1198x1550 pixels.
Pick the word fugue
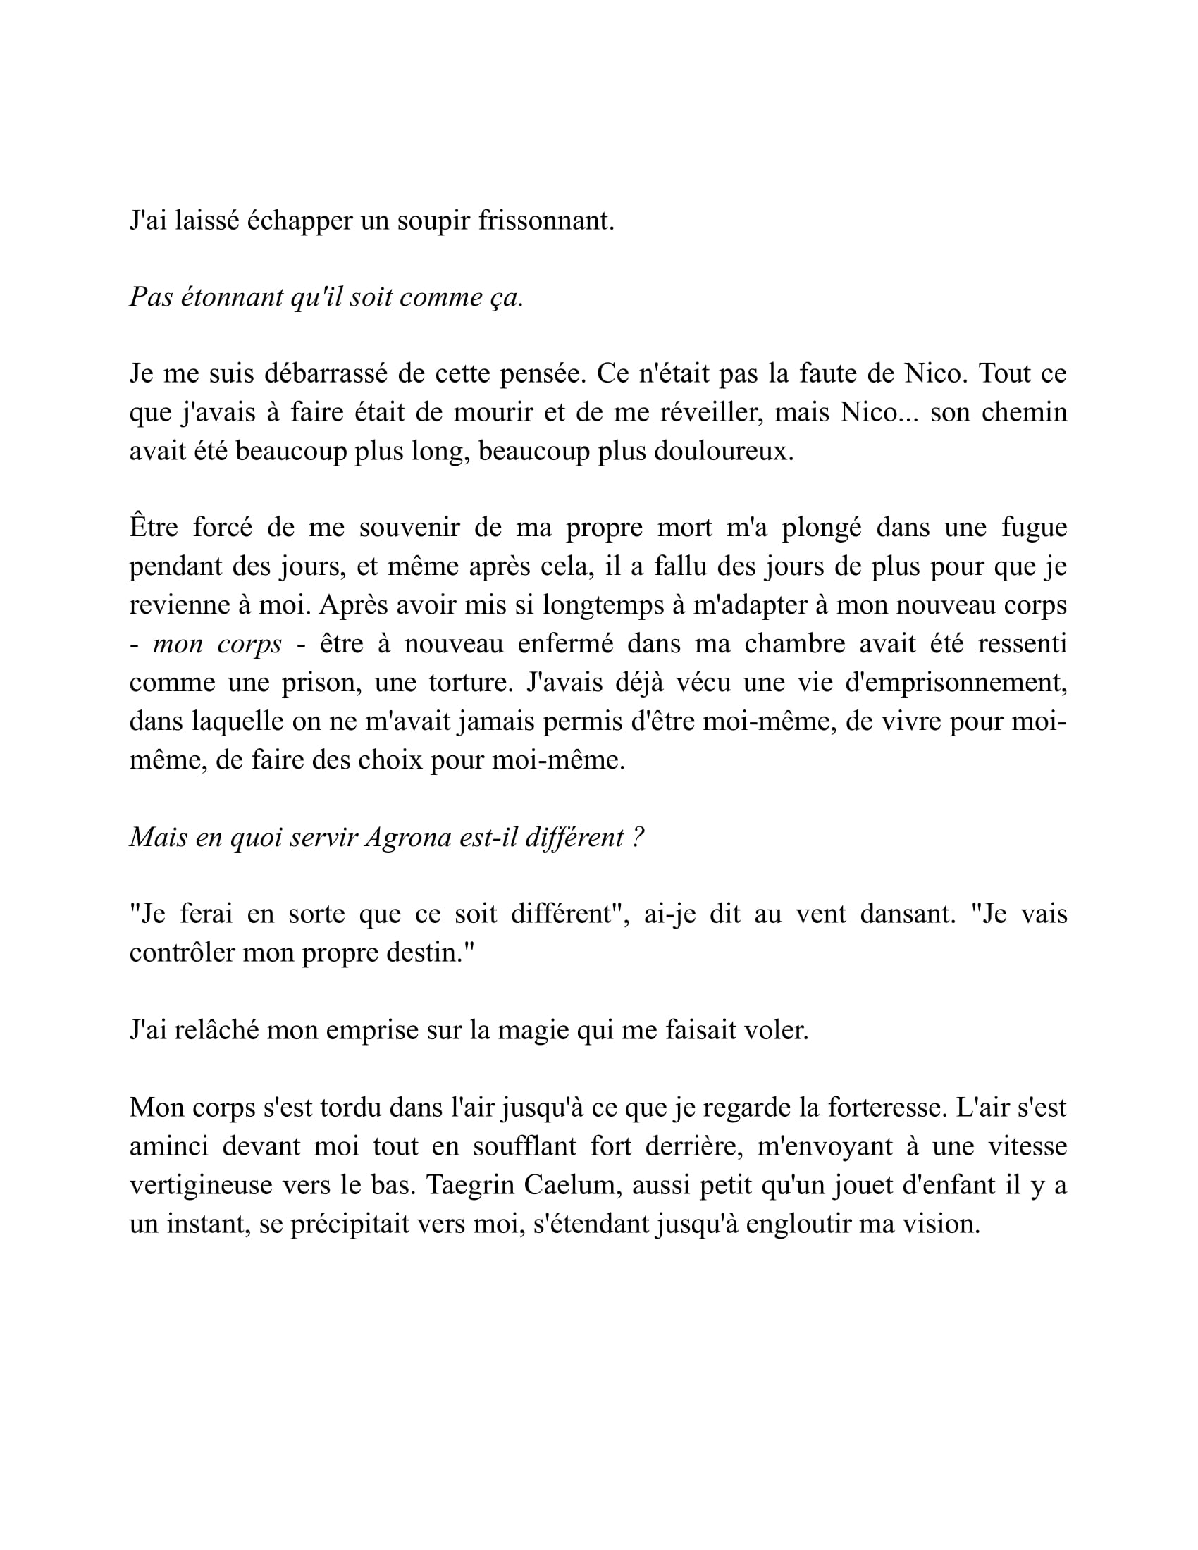point(1034,527)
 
